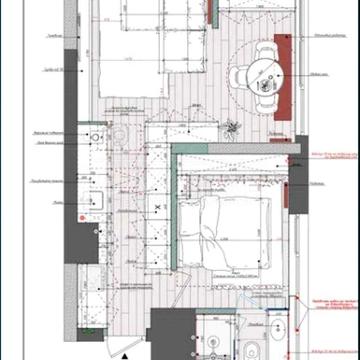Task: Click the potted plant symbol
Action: pos(233,129)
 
